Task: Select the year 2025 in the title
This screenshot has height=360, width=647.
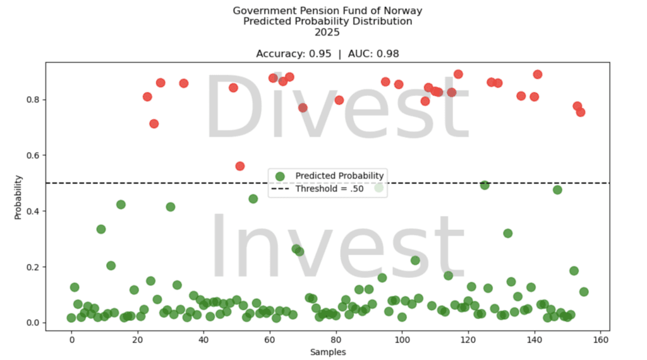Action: pyautogui.click(x=327, y=32)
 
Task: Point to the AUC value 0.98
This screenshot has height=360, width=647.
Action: pyautogui.click(x=387, y=54)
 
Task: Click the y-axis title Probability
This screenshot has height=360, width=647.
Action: pyautogui.click(x=19, y=197)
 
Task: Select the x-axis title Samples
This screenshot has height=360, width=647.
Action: pyautogui.click(x=327, y=352)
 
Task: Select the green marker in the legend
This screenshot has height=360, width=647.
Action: pyautogui.click(x=280, y=176)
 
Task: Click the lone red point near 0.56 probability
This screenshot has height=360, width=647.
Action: pyautogui.click(x=240, y=166)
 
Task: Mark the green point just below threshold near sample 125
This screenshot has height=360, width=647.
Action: pyautogui.click(x=485, y=185)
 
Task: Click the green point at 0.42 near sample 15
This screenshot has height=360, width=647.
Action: pyautogui.click(x=121, y=205)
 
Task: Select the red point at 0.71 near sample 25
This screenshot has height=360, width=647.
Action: pyautogui.click(x=154, y=124)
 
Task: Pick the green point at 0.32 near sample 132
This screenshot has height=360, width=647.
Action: pyautogui.click(x=507, y=233)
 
